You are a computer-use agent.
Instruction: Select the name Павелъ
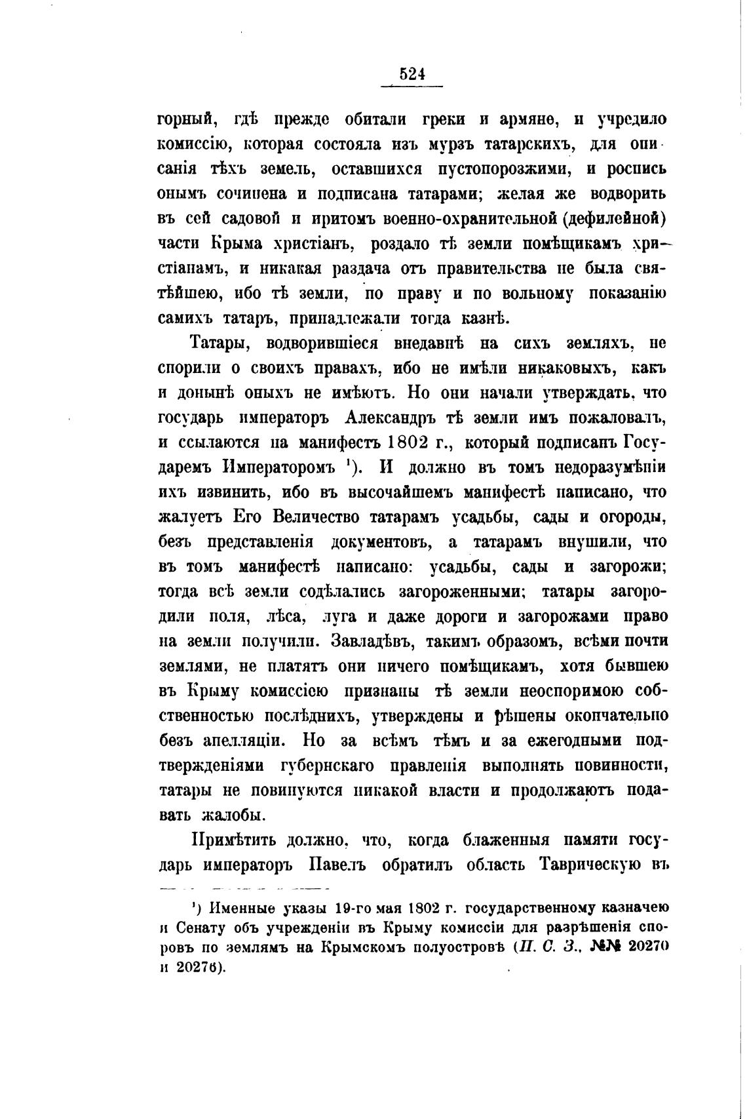point(345,865)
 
